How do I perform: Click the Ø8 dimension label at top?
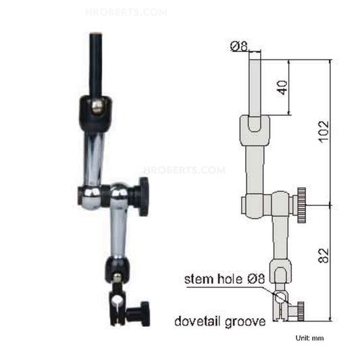[239, 46]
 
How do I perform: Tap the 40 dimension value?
[282, 87]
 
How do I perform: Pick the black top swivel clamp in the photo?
[94, 111]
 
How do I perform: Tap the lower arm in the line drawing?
[278, 236]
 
